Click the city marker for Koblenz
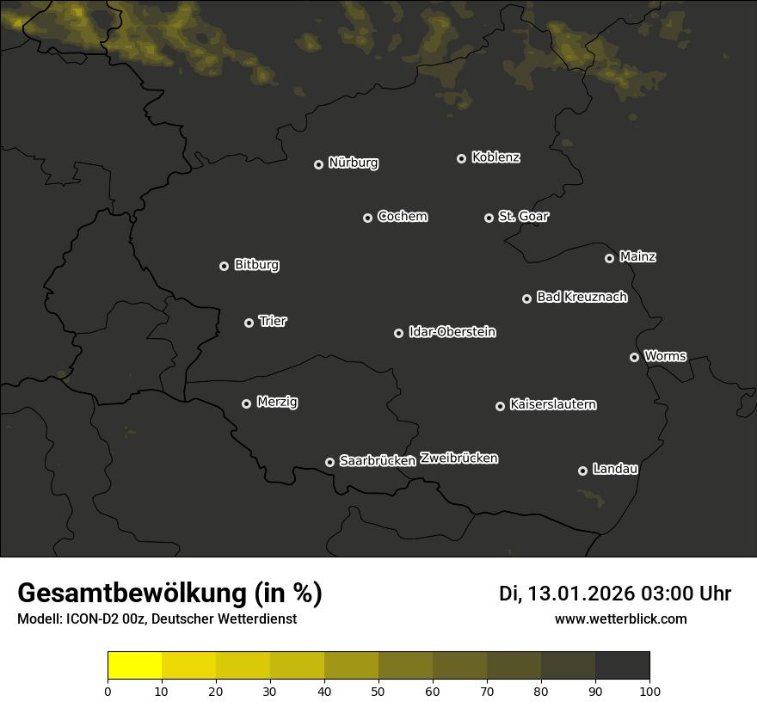(461, 158)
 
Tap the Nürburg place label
(354, 163)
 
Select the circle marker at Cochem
(367, 218)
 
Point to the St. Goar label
(523, 216)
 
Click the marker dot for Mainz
(609, 258)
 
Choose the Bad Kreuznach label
(582, 297)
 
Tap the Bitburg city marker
(224, 266)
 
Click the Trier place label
(273, 321)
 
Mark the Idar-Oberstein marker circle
(398, 333)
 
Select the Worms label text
(665, 355)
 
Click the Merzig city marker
(246, 403)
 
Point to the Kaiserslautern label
(553, 404)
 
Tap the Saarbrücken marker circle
(329, 462)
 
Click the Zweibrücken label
(459, 459)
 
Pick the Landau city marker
(582, 471)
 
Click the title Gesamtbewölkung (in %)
(169, 594)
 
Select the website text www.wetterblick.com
(620, 619)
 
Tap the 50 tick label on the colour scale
(378, 690)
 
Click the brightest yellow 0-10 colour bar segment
(135, 666)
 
